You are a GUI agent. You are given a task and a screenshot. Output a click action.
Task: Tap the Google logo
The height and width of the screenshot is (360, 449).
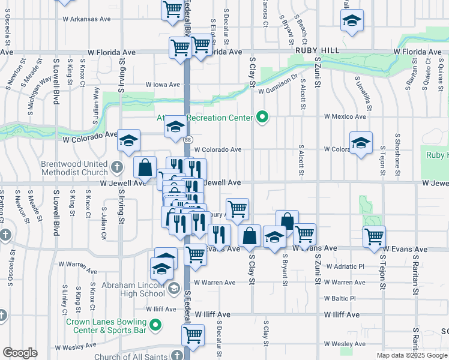pos(20,352)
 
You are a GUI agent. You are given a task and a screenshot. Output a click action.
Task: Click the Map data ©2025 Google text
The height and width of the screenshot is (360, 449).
pos(411,355)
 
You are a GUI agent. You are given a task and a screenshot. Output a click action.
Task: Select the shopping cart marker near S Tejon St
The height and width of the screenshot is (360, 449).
pos(375,236)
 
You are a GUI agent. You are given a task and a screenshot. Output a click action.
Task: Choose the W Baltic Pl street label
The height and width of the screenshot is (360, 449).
pos(340,298)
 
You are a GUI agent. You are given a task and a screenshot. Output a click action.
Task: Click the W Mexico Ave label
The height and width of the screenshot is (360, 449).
pos(345,116)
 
